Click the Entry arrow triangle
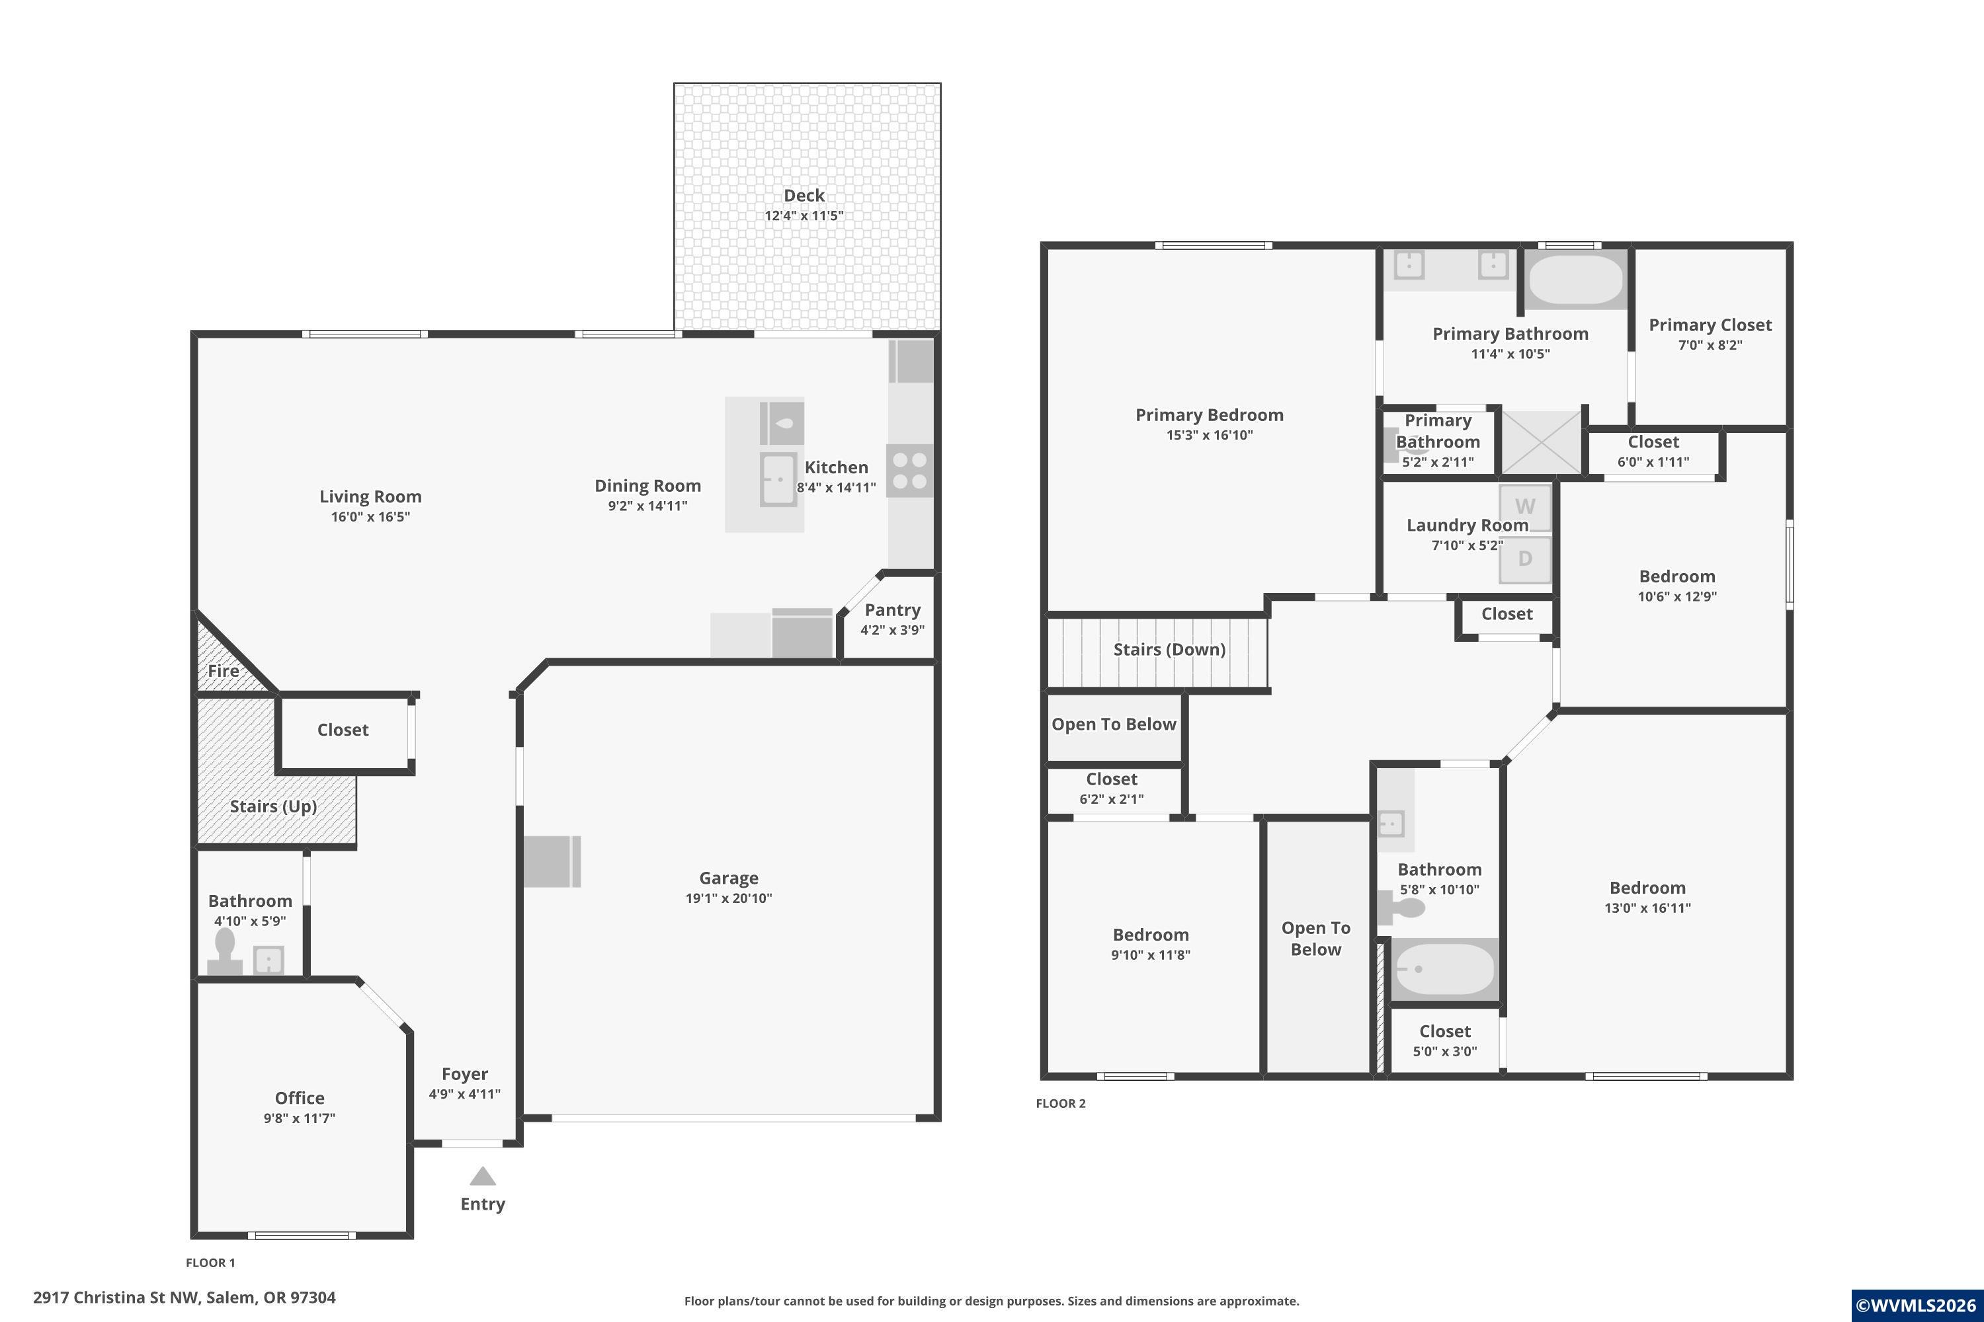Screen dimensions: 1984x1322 pos(483,1176)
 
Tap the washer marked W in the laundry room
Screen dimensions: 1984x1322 pos(1525,508)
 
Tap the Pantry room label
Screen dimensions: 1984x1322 pos(892,609)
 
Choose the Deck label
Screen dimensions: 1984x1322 pos(804,196)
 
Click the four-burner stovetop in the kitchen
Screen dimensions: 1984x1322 pos(910,471)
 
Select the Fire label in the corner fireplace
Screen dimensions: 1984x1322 pos(224,671)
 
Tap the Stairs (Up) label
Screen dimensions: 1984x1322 pos(273,807)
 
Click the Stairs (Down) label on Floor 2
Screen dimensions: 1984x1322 pos(1169,650)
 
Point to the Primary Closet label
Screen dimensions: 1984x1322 pos(1710,325)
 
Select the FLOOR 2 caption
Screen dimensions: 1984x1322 pos(1060,1104)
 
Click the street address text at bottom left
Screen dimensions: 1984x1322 pos(185,1298)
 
